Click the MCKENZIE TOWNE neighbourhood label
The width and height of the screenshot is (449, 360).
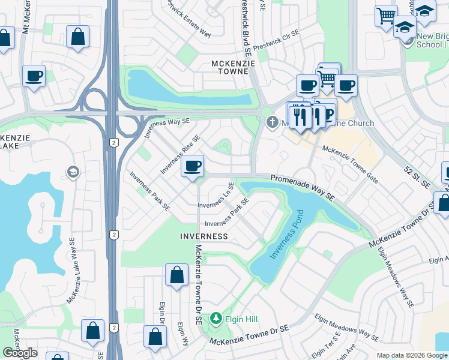(x=230, y=67)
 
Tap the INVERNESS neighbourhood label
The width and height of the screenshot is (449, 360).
(x=204, y=236)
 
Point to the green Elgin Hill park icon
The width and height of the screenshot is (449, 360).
(x=215, y=319)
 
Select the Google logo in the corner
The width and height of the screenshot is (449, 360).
(x=20, y=353)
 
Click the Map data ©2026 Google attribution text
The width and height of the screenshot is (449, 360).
(x=412, y=355)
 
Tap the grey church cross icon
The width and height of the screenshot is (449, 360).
(x=271, y=122)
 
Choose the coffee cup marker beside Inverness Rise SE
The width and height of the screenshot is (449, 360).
(x=192, y=166)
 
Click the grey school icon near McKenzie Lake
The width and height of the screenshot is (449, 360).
(x=73, y=173)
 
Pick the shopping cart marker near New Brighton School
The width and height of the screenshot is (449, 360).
(x=385, y=15)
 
